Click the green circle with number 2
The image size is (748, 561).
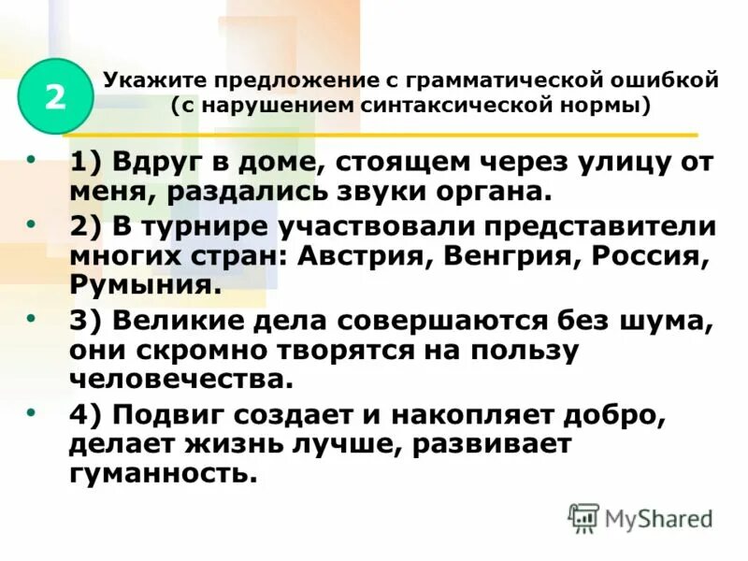[x=55, y=96]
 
